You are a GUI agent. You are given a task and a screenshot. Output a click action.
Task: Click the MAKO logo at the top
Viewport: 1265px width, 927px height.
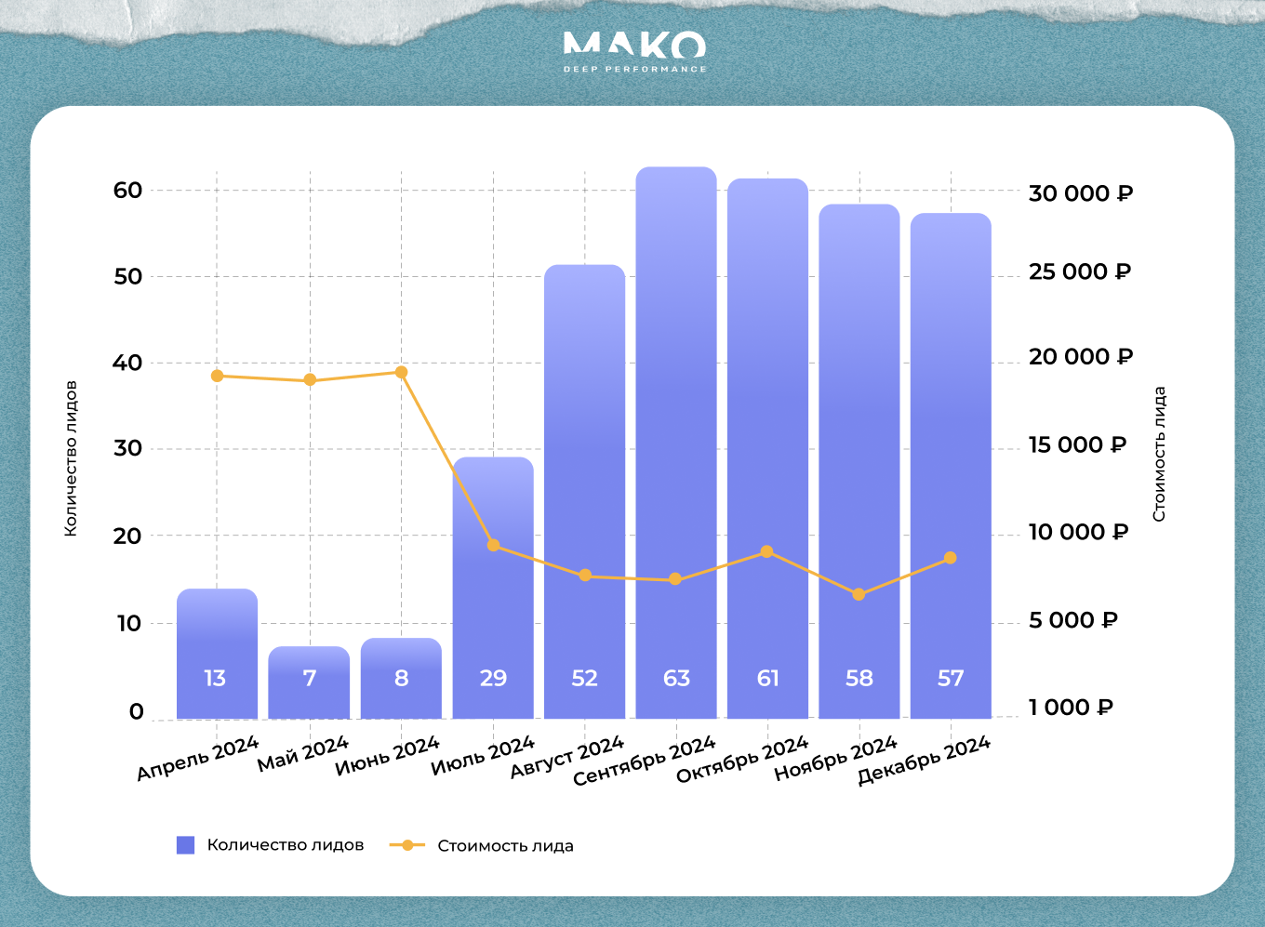coord(634,51)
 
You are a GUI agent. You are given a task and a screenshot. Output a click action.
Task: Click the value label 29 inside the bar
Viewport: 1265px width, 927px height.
coord(493,678)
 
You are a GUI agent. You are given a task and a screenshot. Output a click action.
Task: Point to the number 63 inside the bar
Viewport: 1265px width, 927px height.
coord(676,678)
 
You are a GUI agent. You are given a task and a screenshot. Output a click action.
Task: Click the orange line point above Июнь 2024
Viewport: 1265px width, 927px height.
coord(401,372)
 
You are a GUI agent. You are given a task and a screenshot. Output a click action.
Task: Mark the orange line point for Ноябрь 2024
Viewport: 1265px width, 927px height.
coord(859,594)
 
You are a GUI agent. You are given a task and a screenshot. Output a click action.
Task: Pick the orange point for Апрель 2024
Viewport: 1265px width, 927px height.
coord(217,376)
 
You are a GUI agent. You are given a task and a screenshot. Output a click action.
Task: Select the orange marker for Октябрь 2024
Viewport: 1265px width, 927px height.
coord(766,551)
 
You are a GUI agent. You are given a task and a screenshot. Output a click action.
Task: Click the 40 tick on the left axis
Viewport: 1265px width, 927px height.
coord(127,363)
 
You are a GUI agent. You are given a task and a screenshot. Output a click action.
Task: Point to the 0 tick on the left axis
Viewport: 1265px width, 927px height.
coord(137,711)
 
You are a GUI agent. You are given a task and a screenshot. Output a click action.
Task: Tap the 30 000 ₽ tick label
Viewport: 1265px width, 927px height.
coord(1080,193)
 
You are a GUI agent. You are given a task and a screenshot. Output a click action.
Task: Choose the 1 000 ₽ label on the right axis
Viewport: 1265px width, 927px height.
coord(1071,708)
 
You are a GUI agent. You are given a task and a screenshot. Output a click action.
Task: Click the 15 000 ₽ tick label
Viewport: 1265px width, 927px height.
coord(1077,445)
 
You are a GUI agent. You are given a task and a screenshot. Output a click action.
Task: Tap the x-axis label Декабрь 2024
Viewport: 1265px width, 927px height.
coord(924,761)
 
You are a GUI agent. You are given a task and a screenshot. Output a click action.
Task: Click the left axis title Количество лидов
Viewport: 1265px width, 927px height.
coord(71,458)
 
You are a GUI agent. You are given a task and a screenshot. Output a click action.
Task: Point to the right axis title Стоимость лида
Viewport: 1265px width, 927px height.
coord(1159,454)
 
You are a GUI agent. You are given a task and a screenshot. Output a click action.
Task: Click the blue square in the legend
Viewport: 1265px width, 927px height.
coord(186,845)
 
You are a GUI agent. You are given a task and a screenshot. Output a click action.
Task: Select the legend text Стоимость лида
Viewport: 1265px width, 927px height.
coord(505,846)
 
